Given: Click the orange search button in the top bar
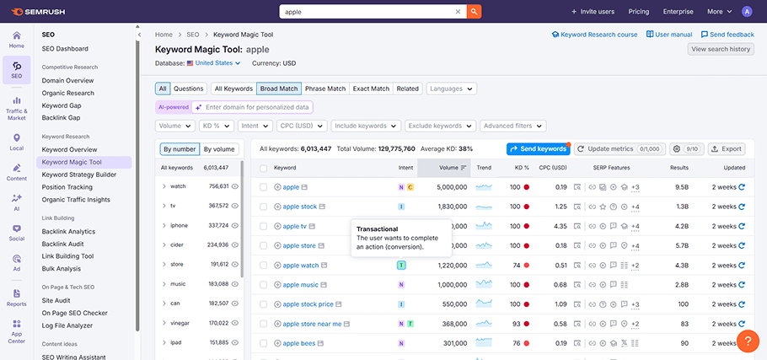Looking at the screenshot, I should tap(475, 12).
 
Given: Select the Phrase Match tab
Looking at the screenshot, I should tap(325, 89).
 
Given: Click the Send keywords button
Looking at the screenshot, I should tap(538, 149).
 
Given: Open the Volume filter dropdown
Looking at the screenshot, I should tap(175, 126).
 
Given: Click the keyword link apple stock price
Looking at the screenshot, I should tap(308, 304).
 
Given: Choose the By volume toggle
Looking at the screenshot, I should tap(218, 149).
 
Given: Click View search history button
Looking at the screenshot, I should tap(720, 49).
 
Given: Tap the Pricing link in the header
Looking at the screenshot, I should tap(638, 12).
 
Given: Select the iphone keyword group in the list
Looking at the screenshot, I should tap(179, 225).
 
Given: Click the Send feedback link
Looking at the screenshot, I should tap(727, 35).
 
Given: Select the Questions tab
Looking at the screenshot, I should tap(188, 89).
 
